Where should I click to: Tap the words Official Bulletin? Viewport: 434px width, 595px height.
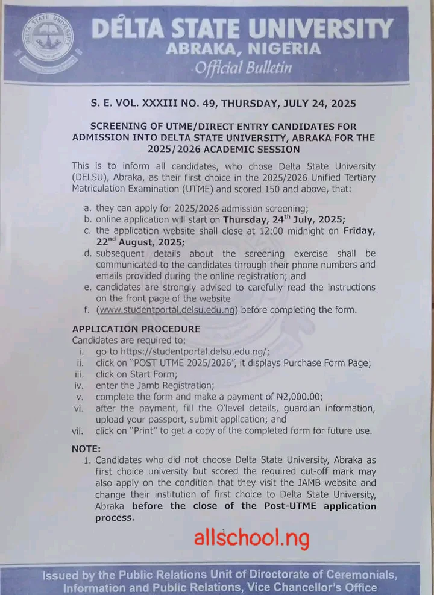click(x=243, y=68)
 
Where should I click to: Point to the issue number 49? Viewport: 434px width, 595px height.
click(x=206, y=104)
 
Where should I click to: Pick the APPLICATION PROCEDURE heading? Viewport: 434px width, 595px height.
click(x=136, y=329)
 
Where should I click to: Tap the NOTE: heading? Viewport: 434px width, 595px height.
click(x=87, y=449)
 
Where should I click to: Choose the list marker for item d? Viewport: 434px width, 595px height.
click(x=88, y=254)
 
